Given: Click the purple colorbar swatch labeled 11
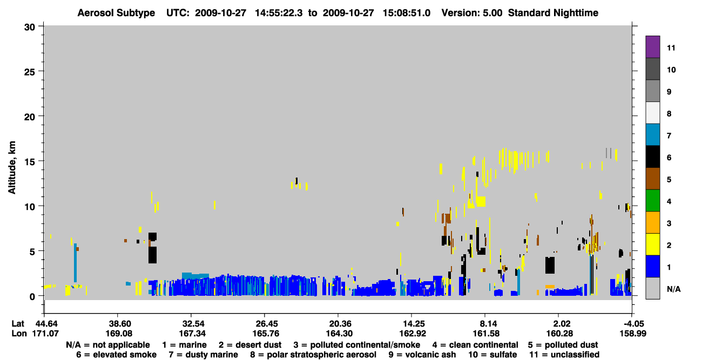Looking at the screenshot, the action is (652, 46).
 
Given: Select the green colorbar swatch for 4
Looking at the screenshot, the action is (652, 201).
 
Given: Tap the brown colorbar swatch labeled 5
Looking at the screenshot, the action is (652, 179).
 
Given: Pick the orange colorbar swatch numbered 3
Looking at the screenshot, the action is (652, 222).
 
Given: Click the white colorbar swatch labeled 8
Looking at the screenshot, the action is (652, 112).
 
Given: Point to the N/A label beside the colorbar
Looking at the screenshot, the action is (673, 289).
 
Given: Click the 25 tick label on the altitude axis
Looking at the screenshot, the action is (30, 72).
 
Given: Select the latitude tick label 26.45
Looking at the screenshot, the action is (266, 323).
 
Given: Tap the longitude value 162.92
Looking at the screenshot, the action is (413, 334).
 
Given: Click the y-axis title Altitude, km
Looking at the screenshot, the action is (12, 168).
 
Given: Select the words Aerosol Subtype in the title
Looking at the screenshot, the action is (116, 13).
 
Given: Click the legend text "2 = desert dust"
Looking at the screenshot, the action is (250, 345).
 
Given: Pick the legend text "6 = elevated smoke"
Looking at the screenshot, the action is (116, 355).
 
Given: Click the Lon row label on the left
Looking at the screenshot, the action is (19, 334).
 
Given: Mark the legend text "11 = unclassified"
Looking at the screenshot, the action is (564, 355).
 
